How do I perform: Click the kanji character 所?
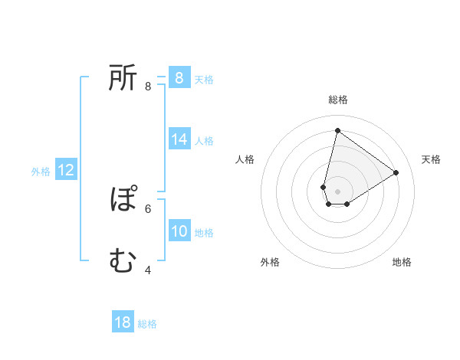(123, 78)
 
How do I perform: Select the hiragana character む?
(123, 262)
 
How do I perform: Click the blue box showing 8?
(179, 78)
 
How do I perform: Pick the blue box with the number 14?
(179, 139)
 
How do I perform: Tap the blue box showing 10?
(179, 231)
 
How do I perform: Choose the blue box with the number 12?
(66, 171)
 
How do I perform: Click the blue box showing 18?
(123, 322)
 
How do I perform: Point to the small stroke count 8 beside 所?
(148, 87)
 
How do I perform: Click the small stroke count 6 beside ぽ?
(148, 208)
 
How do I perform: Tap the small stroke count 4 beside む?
(148, 270)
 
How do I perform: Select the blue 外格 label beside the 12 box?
(41, 172)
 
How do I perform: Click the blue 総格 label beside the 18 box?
(147, 324)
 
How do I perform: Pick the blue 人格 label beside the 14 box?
(204, 141)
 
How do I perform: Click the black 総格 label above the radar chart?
(337, 100)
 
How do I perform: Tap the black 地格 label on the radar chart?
(402, 262)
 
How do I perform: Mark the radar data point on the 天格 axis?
(396, 172)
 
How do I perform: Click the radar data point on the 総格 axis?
(337, 130)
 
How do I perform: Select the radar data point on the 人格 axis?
(324, 187)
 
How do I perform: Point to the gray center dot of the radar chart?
(337, 191)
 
